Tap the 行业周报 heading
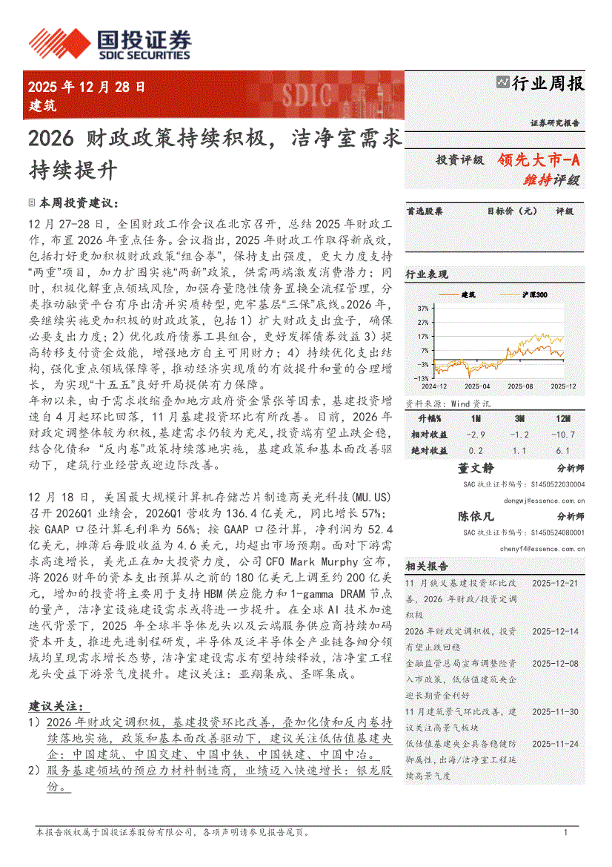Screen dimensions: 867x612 tap(548, 84)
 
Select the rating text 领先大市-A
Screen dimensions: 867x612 tap(538, 159)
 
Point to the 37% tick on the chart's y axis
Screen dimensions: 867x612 tap(422, 308)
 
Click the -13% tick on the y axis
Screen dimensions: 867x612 tap(421, 378)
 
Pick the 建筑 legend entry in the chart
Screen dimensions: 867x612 tap(468, 294)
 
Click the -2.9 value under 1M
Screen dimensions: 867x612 tap(476, 434)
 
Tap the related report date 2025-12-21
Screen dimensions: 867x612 tap(555, 584)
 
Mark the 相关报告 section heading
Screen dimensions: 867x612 tap(426, 566)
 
